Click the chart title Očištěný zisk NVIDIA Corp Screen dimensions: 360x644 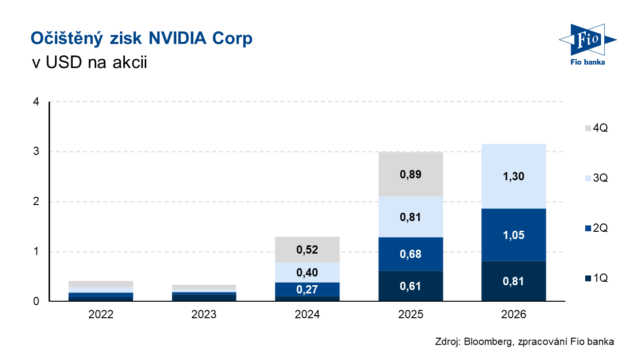pyautogui.click(x=141, y=38)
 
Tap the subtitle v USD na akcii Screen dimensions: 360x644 pyautogui.click(x=88, y=63)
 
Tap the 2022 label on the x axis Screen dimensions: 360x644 pyautogui.click(x=101, y=314)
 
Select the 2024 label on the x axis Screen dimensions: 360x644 pyautogui.click(x=307, y=314)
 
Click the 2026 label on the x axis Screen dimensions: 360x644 pyautogui.click(x=514, y=314)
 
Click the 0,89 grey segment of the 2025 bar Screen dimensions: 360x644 pyautogui.click(x=410, y=174)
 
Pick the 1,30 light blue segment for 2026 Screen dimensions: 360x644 pyautogui.click(x=514, y=176)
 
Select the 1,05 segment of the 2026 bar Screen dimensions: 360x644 pyautogui.click(x=514, y=235)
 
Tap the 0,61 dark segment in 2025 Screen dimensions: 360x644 pyautogui.click(x=410, y=286)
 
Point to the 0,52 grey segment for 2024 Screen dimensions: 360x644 pyautogui.click(x=307, y=250)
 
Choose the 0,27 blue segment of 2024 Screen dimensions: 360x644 pyautogui.click(x=307, y=290)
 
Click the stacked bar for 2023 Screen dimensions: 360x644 pyautogui.click(x=204, y=293)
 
